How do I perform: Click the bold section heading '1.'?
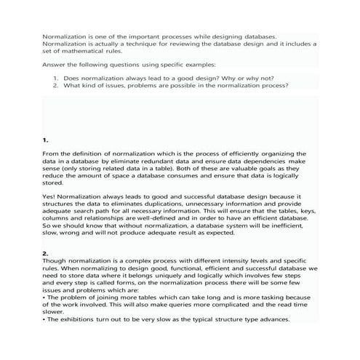tap(46, 138)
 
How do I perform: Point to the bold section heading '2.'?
tap(46, 253)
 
